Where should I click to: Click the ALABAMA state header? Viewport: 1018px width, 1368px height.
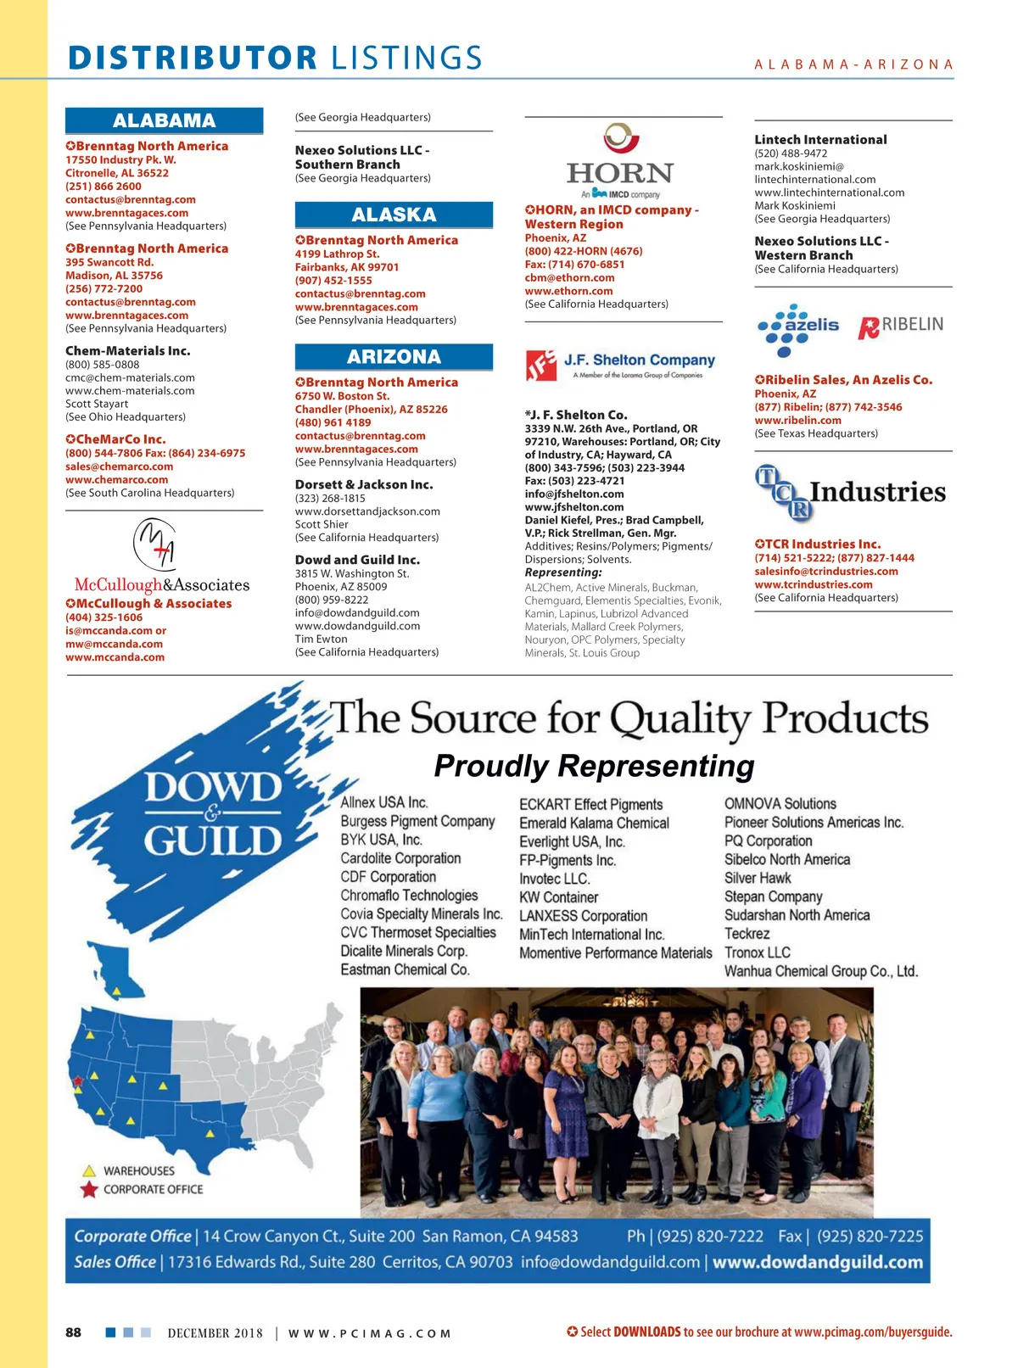[164, 120]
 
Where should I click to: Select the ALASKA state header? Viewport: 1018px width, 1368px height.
[394, 215]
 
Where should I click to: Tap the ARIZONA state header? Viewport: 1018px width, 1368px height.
[394, 356]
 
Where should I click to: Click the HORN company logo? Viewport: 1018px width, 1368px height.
[620, 162]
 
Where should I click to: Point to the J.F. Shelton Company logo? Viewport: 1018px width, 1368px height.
[621, 365]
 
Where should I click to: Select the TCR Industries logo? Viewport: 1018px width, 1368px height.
[850, 492]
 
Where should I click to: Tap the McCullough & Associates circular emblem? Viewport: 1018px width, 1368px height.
[154, 544]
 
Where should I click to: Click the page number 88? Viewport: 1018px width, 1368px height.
[74, 1332]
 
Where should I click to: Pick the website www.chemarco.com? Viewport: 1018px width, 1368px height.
[116, 479]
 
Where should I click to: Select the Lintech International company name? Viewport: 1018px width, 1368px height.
[820, 139]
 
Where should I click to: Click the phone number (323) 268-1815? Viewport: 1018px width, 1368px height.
[330, 498]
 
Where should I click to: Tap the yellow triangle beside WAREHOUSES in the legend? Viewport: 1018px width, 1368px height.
[89, 1171]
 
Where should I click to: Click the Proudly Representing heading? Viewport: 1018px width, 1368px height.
[594, 766]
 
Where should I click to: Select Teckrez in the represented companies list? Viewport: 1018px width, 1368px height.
[747, 934]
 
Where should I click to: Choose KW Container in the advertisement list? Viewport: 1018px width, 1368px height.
[558, 897]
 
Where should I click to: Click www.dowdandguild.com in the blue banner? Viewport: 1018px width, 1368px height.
[817, 1262]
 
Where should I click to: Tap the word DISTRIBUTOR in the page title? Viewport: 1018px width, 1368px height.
[193, 58]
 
